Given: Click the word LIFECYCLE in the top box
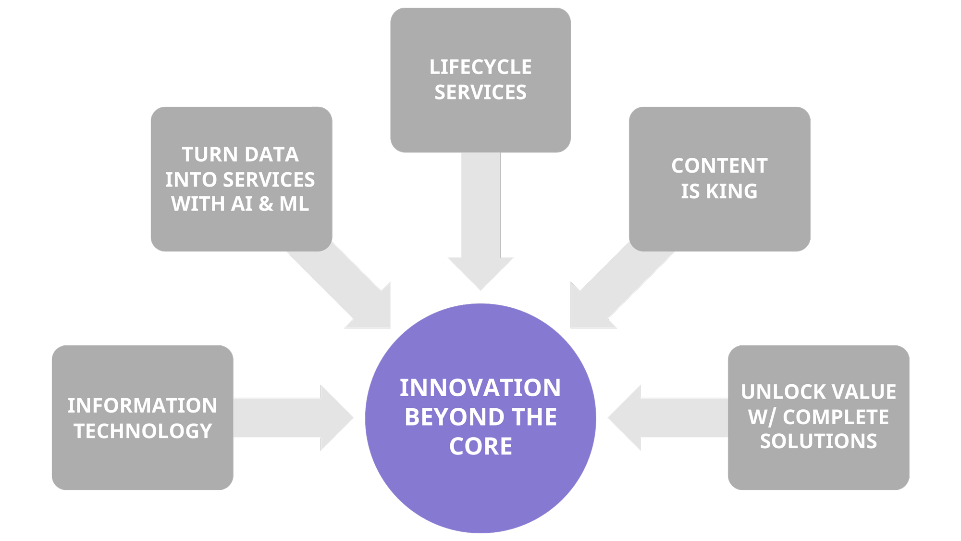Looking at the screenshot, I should pyautogui.click(x=480, y=67).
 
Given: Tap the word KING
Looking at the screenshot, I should pyautogui.click(x=731, y=191).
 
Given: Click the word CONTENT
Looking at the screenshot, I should pyautogui.click(x=719, y=166).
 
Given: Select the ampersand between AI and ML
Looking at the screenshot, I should pyautogui.click(x=266, y=204).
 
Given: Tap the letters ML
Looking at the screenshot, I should pyautogui.click(x=294, y=204).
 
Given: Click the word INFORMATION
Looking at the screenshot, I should pyautogui.click(x=142, y=405).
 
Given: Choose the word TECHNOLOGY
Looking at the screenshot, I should pyautogui.click(x=143, y=431).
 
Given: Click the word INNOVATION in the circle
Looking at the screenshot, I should pyautogui.click(x=480, y=388).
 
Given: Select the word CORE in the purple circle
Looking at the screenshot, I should pyautogui.click(x=480, y=446).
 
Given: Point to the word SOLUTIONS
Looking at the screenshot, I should pyautogui.click(x=818, y=441).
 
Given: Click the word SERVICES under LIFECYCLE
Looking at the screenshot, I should pyautogui.click(x=480, y=92).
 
